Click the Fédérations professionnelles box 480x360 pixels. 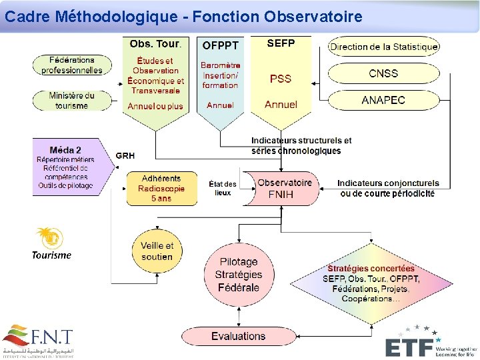coord(72,65)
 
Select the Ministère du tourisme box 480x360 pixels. coord(72,100)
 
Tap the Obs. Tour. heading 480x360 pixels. coord(155,44)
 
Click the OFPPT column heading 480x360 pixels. coord(220,46)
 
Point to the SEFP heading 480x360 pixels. coord(281,43)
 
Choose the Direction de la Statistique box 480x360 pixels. coord(384,47)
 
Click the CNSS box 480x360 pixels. coord(383,73)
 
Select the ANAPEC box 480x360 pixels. coord(383,100)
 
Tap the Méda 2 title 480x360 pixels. coord(65,150)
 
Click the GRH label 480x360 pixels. coord(125,155)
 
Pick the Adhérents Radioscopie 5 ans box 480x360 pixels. coord(161,189)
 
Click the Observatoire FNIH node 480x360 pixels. coord(285,189)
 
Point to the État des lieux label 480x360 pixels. coord(223,188)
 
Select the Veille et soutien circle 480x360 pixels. coord(157,251)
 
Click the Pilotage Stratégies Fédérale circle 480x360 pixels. coord(239,274)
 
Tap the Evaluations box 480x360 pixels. coord(238,336)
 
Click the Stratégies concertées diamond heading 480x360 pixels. coord(371,269)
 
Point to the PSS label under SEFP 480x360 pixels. coord(281,79)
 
